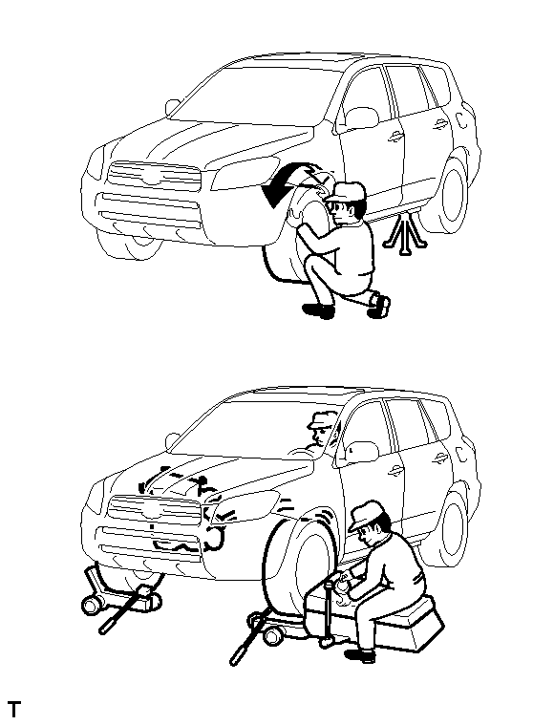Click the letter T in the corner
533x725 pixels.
(14, 709)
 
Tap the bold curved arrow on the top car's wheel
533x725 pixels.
(287, 182)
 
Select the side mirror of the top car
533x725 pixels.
(172, 107)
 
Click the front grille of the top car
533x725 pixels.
(154, 177)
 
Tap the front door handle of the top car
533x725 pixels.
(394, 136)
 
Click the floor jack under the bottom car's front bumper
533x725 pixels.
(120, 597)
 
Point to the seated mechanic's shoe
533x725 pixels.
(360, 655)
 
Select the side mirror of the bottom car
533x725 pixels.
(172, 441)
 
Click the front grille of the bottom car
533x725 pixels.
(154, 510)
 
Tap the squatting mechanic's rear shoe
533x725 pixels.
(378, 305)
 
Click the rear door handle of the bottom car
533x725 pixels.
(440, 458)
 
